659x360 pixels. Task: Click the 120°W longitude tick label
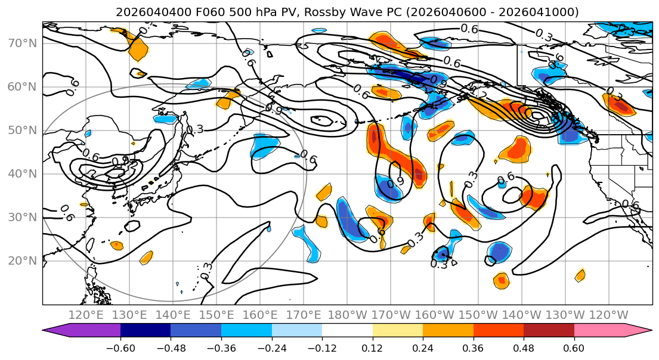(x=609, y=314)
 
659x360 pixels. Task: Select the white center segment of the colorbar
(x=347, y=331)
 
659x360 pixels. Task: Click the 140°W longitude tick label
(x=522, y=314)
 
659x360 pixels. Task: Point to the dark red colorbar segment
(x=549, y=331)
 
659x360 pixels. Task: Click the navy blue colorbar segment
(x=146, y=331)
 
